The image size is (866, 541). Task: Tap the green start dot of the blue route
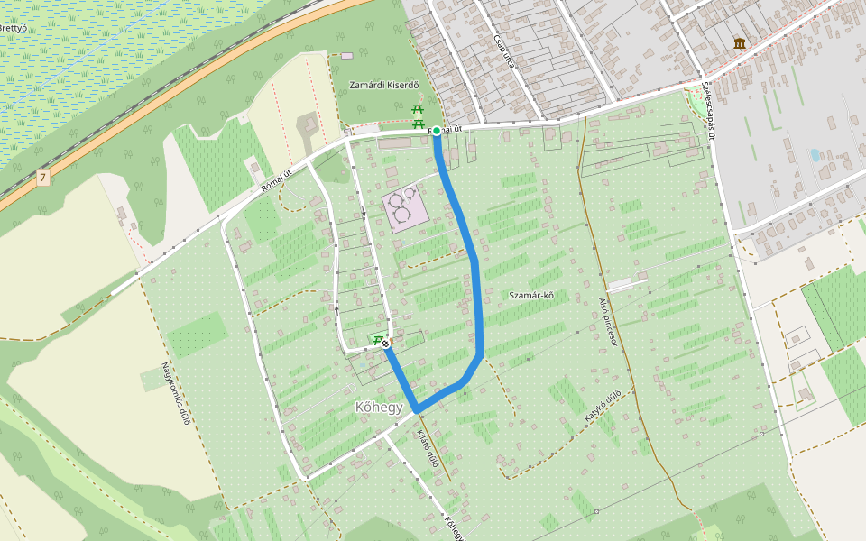437,131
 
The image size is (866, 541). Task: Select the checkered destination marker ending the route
386,344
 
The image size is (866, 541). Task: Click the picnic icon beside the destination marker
374,339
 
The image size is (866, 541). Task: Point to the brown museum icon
740,43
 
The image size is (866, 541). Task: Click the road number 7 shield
42,179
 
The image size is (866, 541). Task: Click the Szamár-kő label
530,296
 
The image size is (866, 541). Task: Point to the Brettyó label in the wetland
12,27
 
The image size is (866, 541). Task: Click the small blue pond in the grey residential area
815,155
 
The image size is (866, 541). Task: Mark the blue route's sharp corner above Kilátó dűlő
417,411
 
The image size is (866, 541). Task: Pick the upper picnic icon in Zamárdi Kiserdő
418,109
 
